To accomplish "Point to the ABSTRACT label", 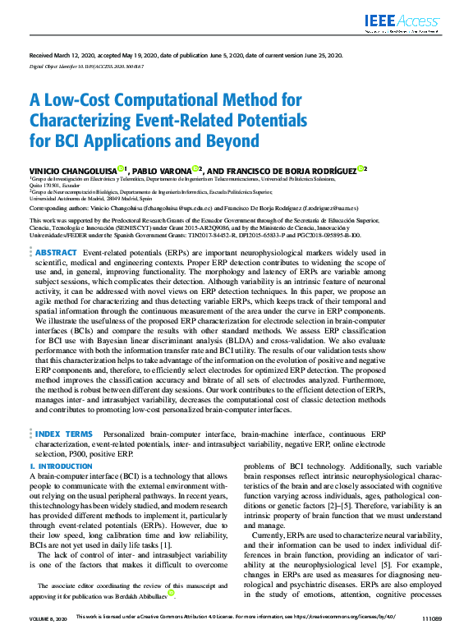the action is click(57, 252).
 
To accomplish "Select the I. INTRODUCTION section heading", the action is click(61, 466).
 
